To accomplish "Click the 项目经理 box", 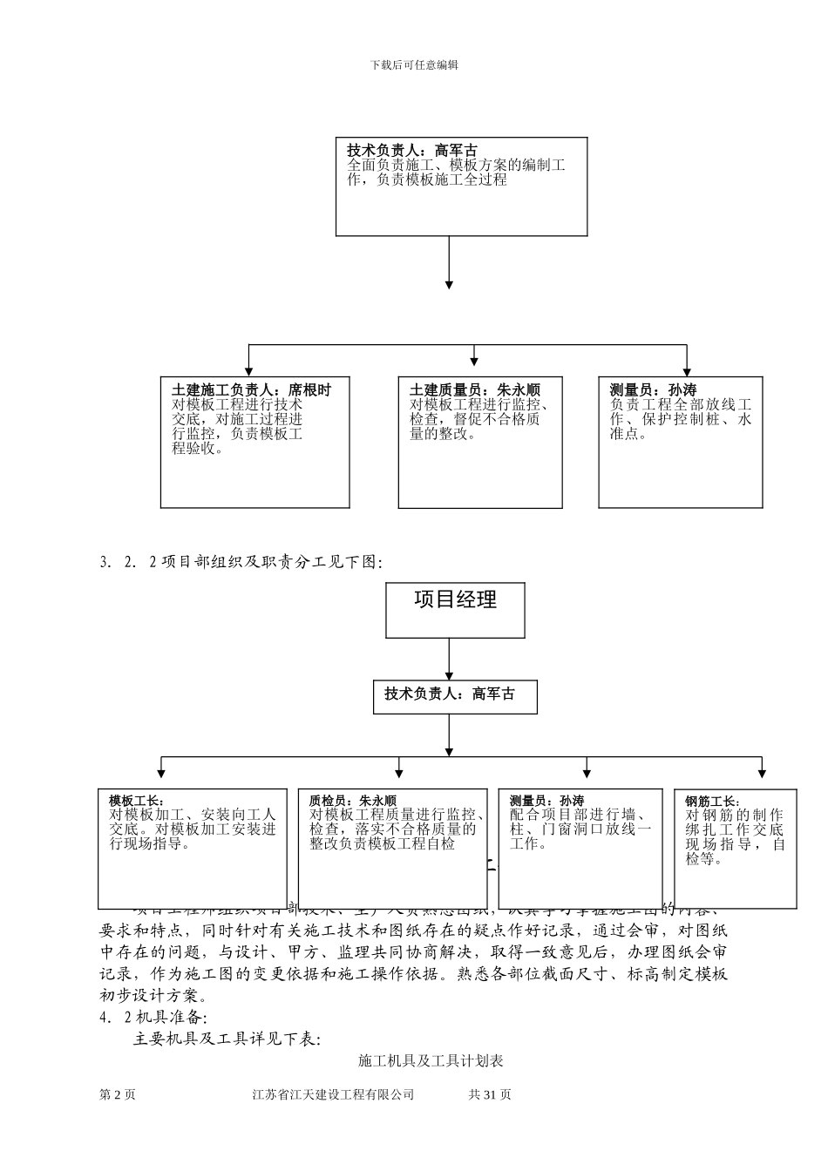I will (455, 609).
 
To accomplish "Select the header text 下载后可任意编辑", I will (414, 65).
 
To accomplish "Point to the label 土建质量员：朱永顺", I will (475, 390).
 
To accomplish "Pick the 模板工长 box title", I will (136, 801).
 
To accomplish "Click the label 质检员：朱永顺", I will (353, 801).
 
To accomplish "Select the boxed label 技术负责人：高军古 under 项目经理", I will (450, 694).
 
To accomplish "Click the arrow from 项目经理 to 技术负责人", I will (450, 658).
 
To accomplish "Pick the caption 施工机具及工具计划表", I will (431, 1061).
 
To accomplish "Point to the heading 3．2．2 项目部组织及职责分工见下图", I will (241, 562).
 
